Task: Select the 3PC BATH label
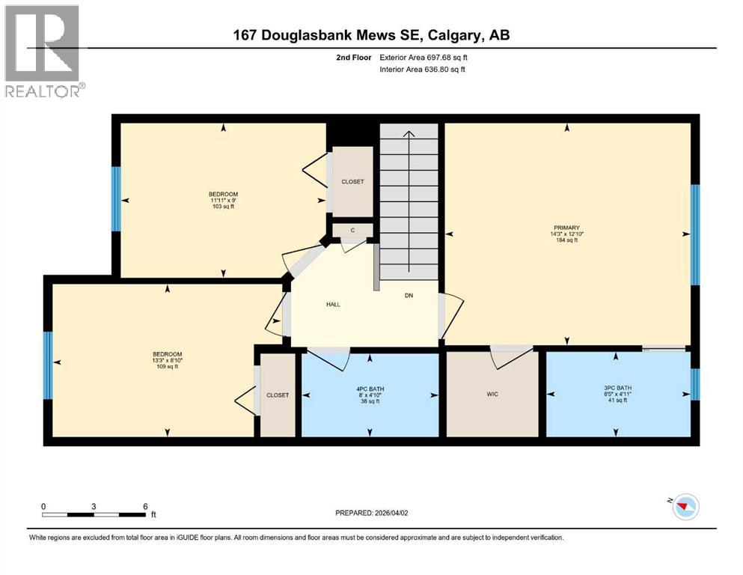616,393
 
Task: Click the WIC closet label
492,393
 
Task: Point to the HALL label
334,304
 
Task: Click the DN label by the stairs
409,296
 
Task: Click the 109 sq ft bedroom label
168,360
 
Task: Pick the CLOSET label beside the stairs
352,182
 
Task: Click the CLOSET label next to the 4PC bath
278,395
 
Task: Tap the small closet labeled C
352,230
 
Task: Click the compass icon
685,507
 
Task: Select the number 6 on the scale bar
145,506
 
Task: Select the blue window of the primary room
694,234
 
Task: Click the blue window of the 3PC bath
694,384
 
